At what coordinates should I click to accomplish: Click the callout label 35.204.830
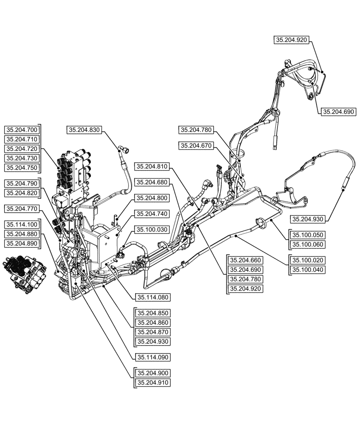[85, 130]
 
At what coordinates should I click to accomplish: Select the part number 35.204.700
[22, 130]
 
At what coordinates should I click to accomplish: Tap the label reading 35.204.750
[22, 167]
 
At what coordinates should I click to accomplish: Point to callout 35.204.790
[22, 183]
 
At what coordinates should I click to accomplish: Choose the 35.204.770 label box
[22, 208]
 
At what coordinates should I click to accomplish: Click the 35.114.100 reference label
[22, 224]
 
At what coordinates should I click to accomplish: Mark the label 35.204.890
[22, 243]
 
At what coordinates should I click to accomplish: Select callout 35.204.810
[152, 167]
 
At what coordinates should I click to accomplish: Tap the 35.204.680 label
[152, 182]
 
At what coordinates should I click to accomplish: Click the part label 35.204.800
[152, 198]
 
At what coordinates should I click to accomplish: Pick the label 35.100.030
[152, 229]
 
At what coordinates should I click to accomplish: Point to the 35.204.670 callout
[196, 145]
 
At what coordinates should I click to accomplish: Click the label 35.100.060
[307, 244]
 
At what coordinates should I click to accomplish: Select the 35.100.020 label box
[307, 260]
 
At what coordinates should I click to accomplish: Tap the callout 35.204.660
[245, 260]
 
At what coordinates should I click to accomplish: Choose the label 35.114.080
[152, 297]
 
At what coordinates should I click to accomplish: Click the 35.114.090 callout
[152, 357]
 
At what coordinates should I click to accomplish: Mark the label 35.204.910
[152, 382]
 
